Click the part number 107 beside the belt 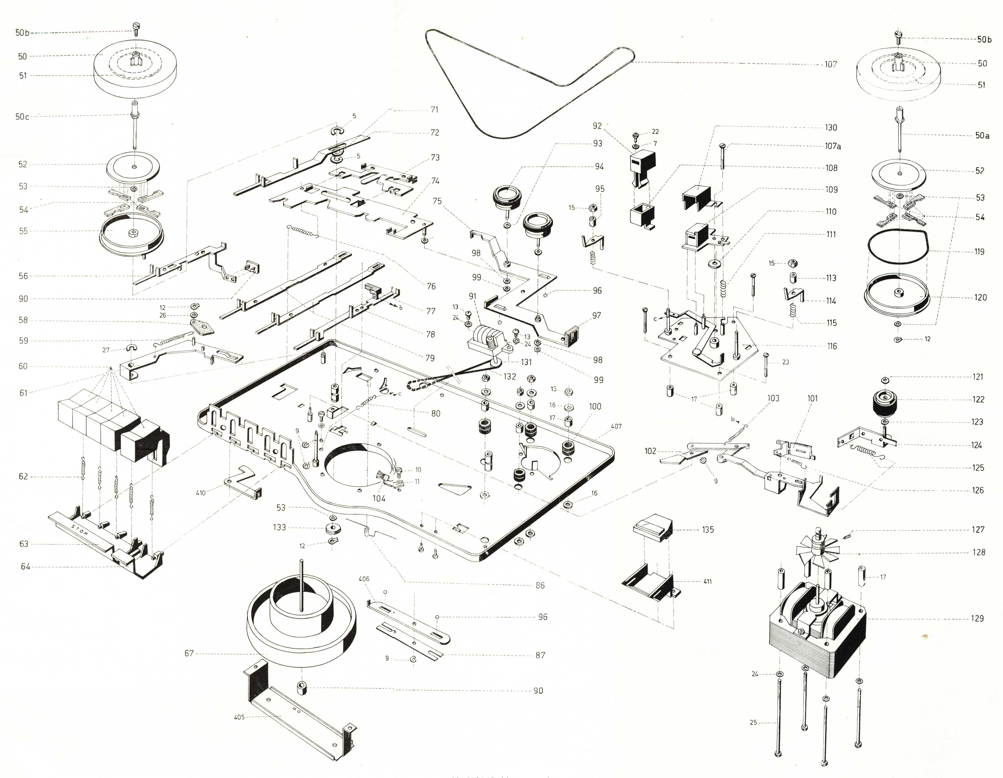830,64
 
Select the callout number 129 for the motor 977,619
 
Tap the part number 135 708,529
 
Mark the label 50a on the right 982,136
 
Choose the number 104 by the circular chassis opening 379,498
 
